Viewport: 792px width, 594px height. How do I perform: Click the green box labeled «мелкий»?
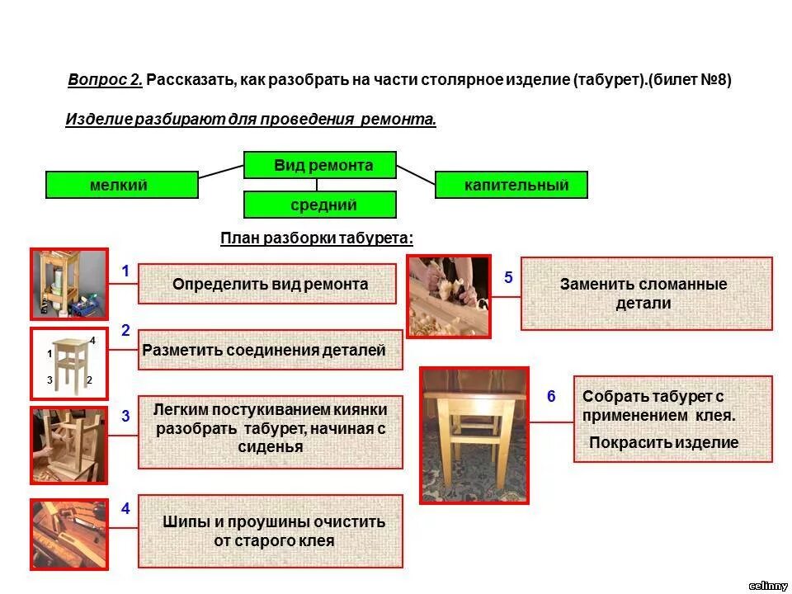click(x=122, y=185)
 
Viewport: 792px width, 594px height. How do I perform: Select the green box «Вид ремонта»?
click(x=320, y=165)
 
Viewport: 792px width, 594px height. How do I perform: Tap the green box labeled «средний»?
click(x=320, y=205)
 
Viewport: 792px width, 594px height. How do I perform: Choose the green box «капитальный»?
click(x=511, y=185)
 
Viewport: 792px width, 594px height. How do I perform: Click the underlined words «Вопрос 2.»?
click(x=106, y=80)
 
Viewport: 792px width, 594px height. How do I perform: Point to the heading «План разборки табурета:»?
click(x=317, y=238)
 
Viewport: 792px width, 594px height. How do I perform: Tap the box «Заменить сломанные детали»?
click(x=647, y=294)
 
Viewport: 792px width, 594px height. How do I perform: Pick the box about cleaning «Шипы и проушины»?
click(x=271, y=531)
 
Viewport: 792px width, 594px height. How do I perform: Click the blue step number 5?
click(x=508, y=278)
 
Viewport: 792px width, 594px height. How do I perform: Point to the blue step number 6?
click(x=551, y=397)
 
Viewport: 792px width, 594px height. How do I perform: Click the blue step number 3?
click(x=125, y=417)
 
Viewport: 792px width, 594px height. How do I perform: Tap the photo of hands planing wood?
click(x=449, y=295)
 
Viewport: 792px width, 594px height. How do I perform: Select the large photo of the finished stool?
click(x=474, y=435)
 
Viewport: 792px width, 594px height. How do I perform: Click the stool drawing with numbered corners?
click(x=70, y=364)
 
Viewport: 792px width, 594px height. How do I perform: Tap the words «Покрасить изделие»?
click(x=663, y=443)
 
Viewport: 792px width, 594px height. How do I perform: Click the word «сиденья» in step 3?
click(x=270, y=447)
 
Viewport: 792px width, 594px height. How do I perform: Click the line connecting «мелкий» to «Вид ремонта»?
click(x=221, y=171)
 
